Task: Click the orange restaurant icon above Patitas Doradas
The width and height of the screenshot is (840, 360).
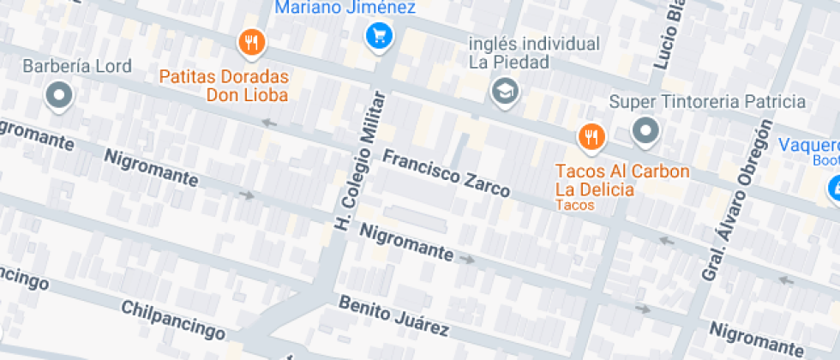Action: [x=251, y=41]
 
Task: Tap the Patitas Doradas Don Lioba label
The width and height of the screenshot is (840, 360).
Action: [x=224, y=86]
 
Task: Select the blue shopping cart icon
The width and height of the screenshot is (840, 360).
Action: [x=378, y=35]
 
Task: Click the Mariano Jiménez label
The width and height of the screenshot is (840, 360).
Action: [x=345, y=9]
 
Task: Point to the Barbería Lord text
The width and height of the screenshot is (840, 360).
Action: [x=77, y=66]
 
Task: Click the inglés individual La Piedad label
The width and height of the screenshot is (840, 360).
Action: [x=533, y=52]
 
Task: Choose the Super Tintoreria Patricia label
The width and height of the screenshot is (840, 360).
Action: [x=708, y=102]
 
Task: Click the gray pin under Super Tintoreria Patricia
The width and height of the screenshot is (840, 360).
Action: [x=645, y=131]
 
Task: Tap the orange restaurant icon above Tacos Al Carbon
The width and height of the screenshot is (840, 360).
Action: [x=591, y=135]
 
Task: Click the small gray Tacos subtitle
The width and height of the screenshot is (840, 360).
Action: [x=574, y=205]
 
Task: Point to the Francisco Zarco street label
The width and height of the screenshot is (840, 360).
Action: [x=446, y=173]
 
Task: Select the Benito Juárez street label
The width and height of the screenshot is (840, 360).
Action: [x=393, y=316]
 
